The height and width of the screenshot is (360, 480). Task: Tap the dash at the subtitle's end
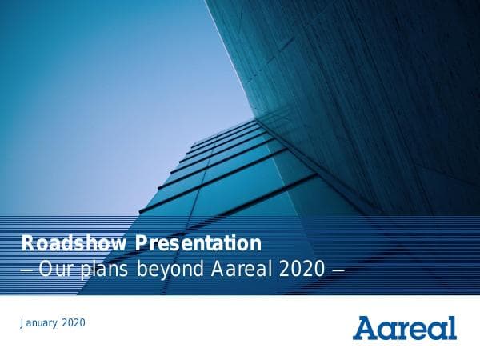(338, 270)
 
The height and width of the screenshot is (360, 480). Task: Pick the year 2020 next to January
(71, 323)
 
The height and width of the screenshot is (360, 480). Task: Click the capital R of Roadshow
(26, 242)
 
